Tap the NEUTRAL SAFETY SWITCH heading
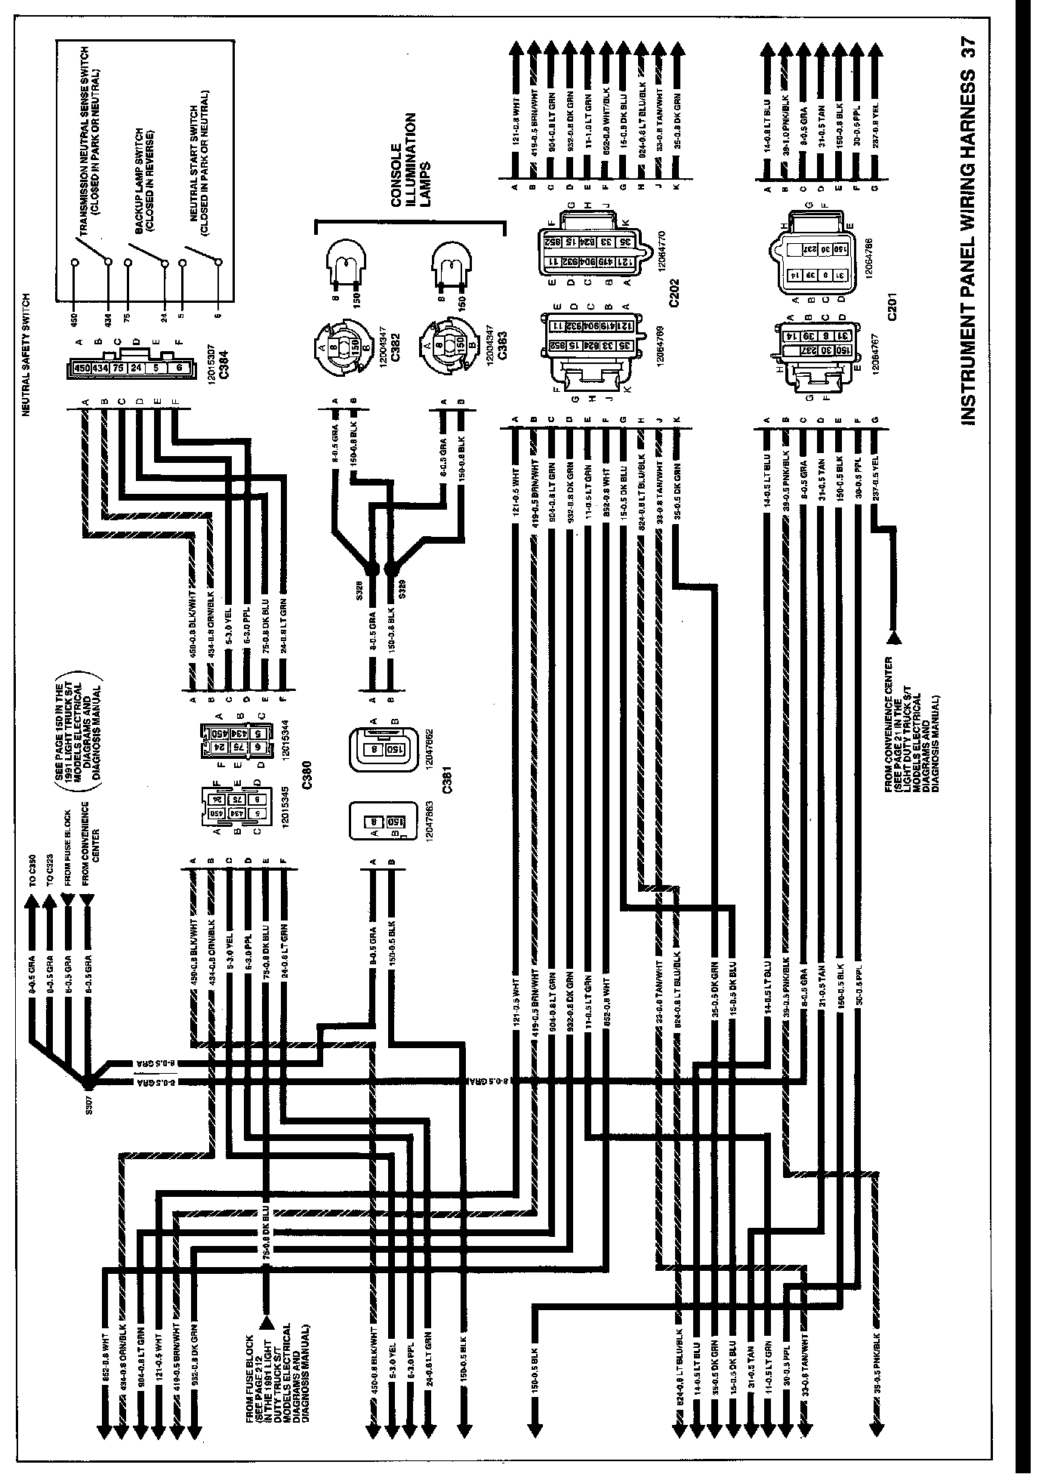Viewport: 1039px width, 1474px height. pos(25,354)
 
